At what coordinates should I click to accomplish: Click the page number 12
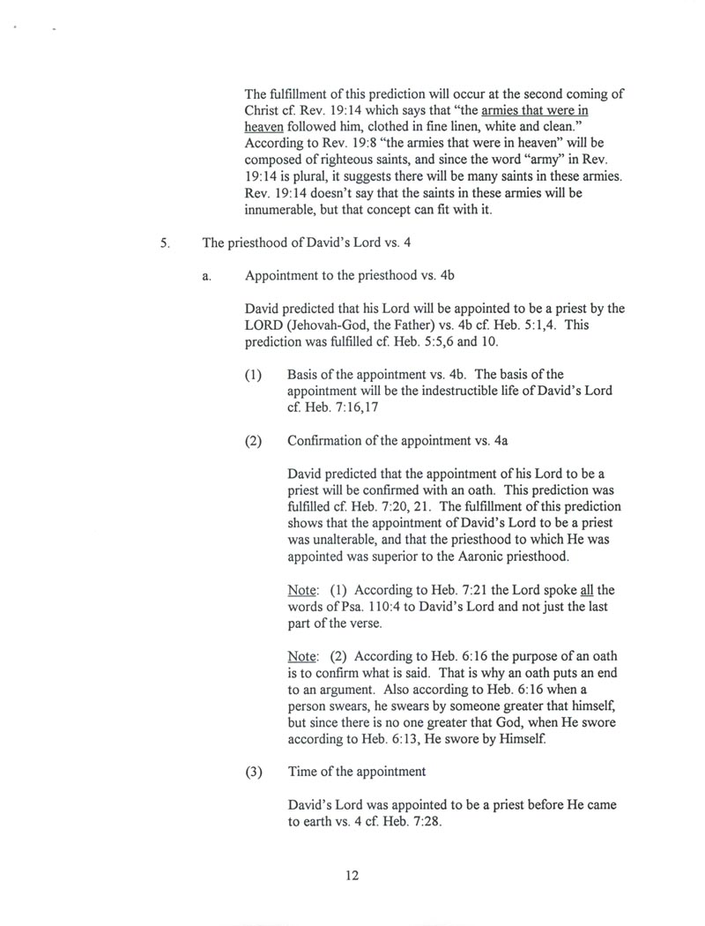click(352, 876)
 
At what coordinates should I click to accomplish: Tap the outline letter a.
click(205, 276)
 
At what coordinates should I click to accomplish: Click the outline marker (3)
click(254, 772)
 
